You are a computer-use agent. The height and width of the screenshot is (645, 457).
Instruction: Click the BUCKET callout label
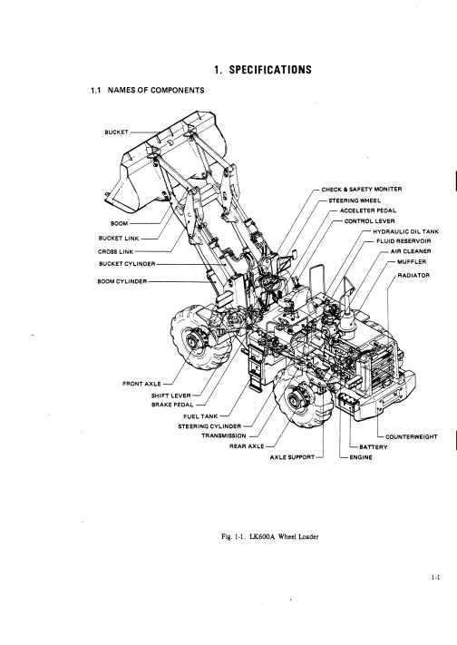tap(116, 132)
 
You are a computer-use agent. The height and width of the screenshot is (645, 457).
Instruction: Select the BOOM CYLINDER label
tap(122, 282)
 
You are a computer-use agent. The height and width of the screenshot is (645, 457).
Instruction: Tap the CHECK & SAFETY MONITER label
tap(362, 190)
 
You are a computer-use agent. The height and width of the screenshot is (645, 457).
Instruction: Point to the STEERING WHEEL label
tap(355, 200)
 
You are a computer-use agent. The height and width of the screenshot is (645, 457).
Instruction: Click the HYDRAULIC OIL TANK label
tap(406, 232)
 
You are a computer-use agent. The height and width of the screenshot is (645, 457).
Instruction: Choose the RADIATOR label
tap(413, 276)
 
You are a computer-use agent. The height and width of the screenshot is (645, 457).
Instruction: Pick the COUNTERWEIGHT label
tap(412, 437)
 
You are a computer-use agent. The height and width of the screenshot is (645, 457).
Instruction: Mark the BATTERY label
tap(374, 447)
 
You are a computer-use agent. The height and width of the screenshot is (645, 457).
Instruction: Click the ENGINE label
tap(361, 457)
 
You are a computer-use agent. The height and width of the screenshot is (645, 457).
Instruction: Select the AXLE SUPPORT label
tap(292, 457)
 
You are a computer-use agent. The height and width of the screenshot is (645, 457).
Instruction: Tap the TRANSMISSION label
tap(224, 436)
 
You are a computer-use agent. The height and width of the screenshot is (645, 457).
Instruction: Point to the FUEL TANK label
tap(200, 416)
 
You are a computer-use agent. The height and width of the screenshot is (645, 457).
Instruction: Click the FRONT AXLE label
tap(142, 384)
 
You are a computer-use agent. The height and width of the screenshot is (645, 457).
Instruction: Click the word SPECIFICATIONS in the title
tap(270, 70)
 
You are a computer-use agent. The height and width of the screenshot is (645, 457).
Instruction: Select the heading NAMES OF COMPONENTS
tap(156, 90)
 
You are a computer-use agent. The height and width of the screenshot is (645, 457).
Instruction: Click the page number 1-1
tap(435, 578)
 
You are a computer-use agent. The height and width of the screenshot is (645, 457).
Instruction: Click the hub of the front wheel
tap(191, 341)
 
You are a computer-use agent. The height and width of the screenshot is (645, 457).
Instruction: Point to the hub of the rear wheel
tap(294, 399)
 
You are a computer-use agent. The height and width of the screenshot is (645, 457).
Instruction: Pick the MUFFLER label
tap(412, 262)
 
